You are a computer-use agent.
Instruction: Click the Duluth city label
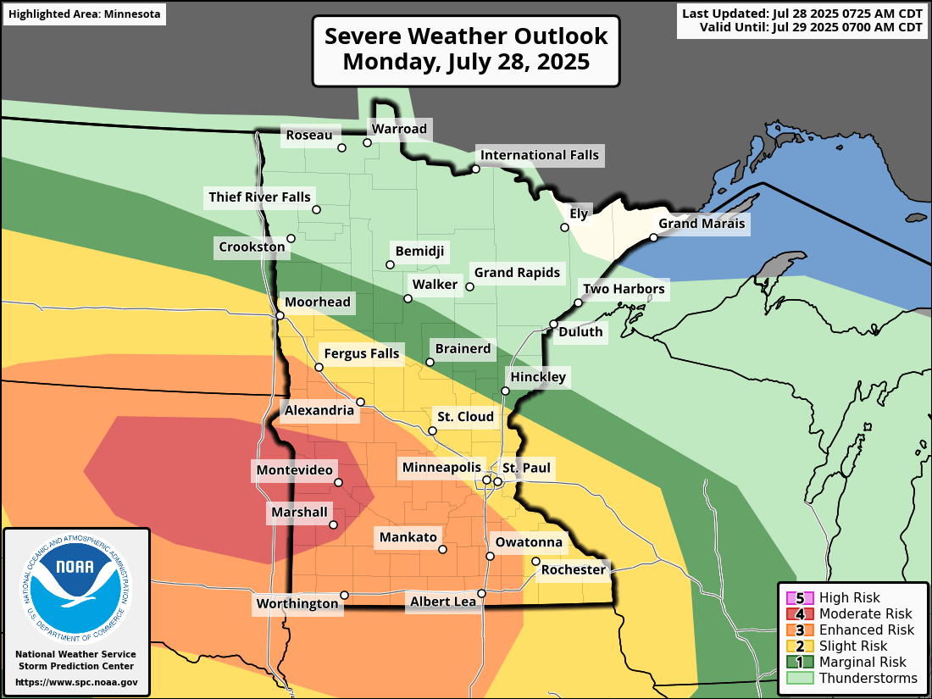tap(580, 332)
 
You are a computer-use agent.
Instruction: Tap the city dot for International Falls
tap(476, 169)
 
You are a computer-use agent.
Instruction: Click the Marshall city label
tap(299, 512)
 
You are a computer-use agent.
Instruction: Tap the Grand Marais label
tap(702, 224)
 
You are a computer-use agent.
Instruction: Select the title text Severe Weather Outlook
tap(466, 36)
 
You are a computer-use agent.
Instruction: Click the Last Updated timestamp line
tap(802, 14)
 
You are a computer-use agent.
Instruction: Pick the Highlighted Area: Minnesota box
tap(84, 14)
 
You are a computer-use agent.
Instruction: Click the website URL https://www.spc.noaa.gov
tap(76, 682)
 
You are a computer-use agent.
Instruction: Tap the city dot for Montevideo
tap(338, 482)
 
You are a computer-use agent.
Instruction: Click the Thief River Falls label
tap(260, 197)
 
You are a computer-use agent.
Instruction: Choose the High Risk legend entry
tap(849, 597)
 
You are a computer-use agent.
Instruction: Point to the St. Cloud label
tap(464, 417)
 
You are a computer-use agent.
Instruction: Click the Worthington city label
tap(297, 603)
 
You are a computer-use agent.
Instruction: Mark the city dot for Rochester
tap(535, 561)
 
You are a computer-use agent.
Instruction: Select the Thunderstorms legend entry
tap(868, 678)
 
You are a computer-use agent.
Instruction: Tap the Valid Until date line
tap(811, 28)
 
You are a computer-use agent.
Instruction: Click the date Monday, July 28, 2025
tap(466, 62)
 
